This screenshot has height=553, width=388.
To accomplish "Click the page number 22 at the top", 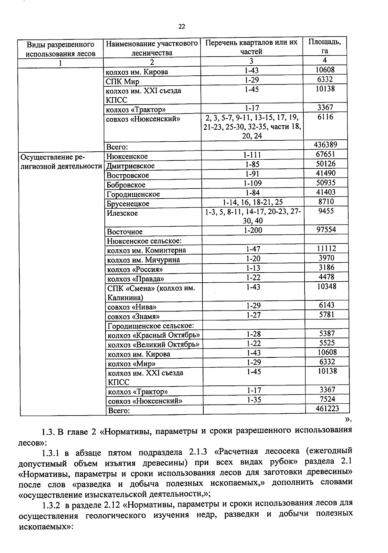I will pyautogui.click(x=182, y=27).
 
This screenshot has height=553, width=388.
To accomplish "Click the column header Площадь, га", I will pyautogui.click(x=324, y=46).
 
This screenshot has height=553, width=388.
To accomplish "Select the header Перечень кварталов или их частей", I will pyautogui.click(x=251, y=47).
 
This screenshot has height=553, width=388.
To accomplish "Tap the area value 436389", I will pyautogui.click(x=326, y=145).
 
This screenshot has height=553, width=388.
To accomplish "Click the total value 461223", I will pyautogui.click(x=327, y=408).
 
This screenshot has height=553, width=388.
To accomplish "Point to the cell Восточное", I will pyautogui.click(x=124, y=232).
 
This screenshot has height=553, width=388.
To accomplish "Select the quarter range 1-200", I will pyautogui.click(x=253, y=230).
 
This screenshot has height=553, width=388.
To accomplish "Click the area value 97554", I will pyautogui.click(x=326, y=230).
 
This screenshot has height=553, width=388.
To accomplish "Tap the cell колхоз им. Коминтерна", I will pyautogui.click(x=146, y=250).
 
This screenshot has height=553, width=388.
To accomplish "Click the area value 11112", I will pyautogui.click(x=326, y=248).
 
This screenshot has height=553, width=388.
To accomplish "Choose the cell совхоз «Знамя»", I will pyautogui.click(x=134, y=317).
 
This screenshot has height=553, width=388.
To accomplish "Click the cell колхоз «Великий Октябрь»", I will pyautogui.click(x=153, y=345).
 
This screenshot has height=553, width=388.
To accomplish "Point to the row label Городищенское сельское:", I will pyautogui.click(x=150, y=326).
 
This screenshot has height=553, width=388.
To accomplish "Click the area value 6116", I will pyautogui.click(x=325, y=117).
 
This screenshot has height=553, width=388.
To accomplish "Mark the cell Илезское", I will pyautogui.click(x=122, y=213).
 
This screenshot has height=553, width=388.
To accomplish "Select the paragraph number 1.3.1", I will pyautogui.click(x=51, y=452).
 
